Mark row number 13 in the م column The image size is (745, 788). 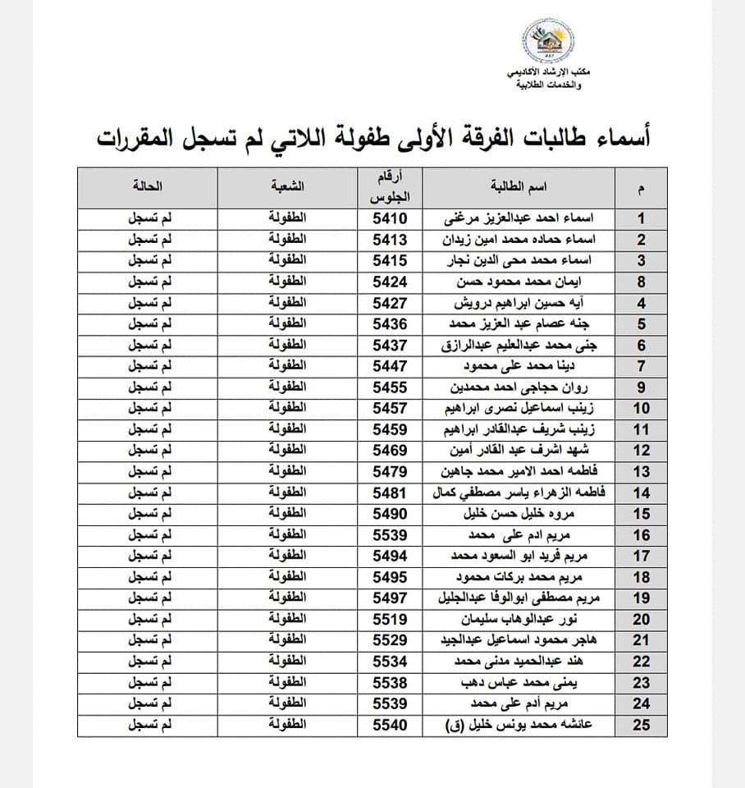point(641,472)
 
